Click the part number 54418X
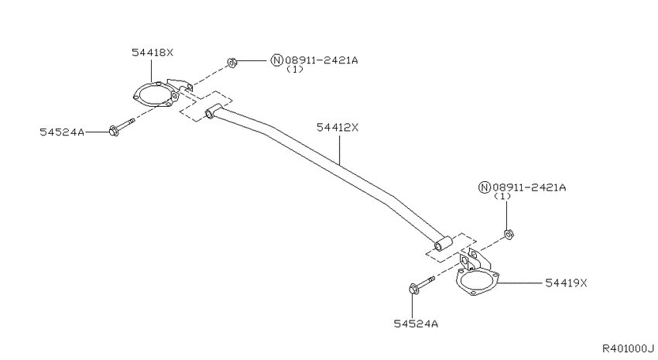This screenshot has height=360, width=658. tap(153, 53)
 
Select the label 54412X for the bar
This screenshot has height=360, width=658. tap(338, 127)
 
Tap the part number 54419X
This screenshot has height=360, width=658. tap(566, 283)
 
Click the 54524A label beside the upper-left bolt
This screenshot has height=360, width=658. tap(62, 132)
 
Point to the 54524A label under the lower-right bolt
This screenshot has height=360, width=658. tap(416, 324)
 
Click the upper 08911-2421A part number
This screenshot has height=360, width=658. tap(321, 60)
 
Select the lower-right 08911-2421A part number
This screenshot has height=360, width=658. tap(529, 187)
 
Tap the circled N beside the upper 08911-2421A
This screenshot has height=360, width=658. tap(276, 60)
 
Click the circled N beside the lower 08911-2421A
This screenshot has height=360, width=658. tap(485, 187)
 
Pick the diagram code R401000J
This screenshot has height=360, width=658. tap(629, 348)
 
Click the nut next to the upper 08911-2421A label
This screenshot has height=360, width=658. tap(231, 63)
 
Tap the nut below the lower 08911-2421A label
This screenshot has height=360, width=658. tap(509, 234)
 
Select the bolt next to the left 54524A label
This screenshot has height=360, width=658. tap(122, 127)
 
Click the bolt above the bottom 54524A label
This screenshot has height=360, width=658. tap(421, 284)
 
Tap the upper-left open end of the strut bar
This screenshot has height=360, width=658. tap(210, 113)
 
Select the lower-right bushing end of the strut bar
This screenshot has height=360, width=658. tap(443, 244)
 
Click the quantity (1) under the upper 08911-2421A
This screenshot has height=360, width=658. tap(295, 70)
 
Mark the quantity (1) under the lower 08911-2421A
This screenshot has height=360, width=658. tap(502, 197)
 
